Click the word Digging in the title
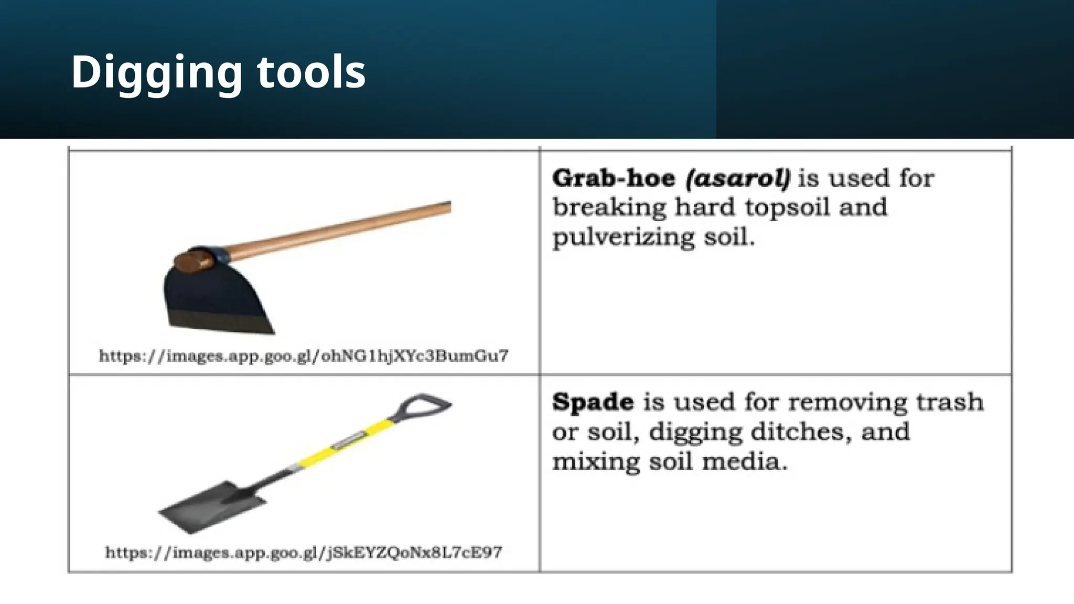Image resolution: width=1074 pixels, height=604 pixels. tap(156, 72)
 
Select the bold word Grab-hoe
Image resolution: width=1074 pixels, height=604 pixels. tap(613, 178)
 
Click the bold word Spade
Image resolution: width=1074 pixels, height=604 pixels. tap(593, 402)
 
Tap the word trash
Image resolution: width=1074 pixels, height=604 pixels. tap(949, 402)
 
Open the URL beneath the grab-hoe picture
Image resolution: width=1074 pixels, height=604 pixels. tap(304, 356)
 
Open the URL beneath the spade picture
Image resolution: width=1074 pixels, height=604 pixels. tap(304, 553)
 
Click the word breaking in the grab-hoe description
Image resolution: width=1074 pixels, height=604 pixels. tap(609, 208)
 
